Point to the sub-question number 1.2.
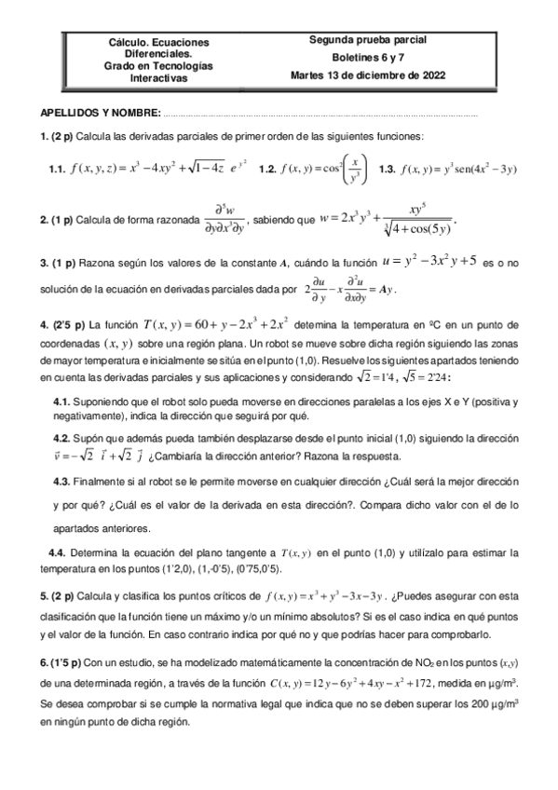268,169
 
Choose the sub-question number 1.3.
388,169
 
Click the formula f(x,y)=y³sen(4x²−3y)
457,169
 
